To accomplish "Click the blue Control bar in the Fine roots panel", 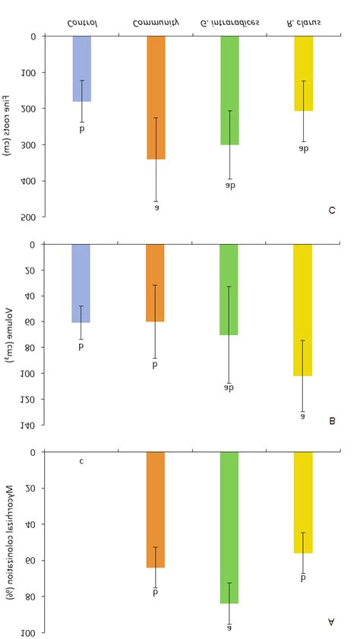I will tap(82, 68).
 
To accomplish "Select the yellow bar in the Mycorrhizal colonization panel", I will tap(302, 502).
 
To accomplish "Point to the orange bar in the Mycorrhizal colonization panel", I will tap(156, 510).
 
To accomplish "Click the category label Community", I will tap(155, 22).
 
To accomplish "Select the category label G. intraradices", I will tap(229, 22).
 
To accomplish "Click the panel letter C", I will tap(332, 210).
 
